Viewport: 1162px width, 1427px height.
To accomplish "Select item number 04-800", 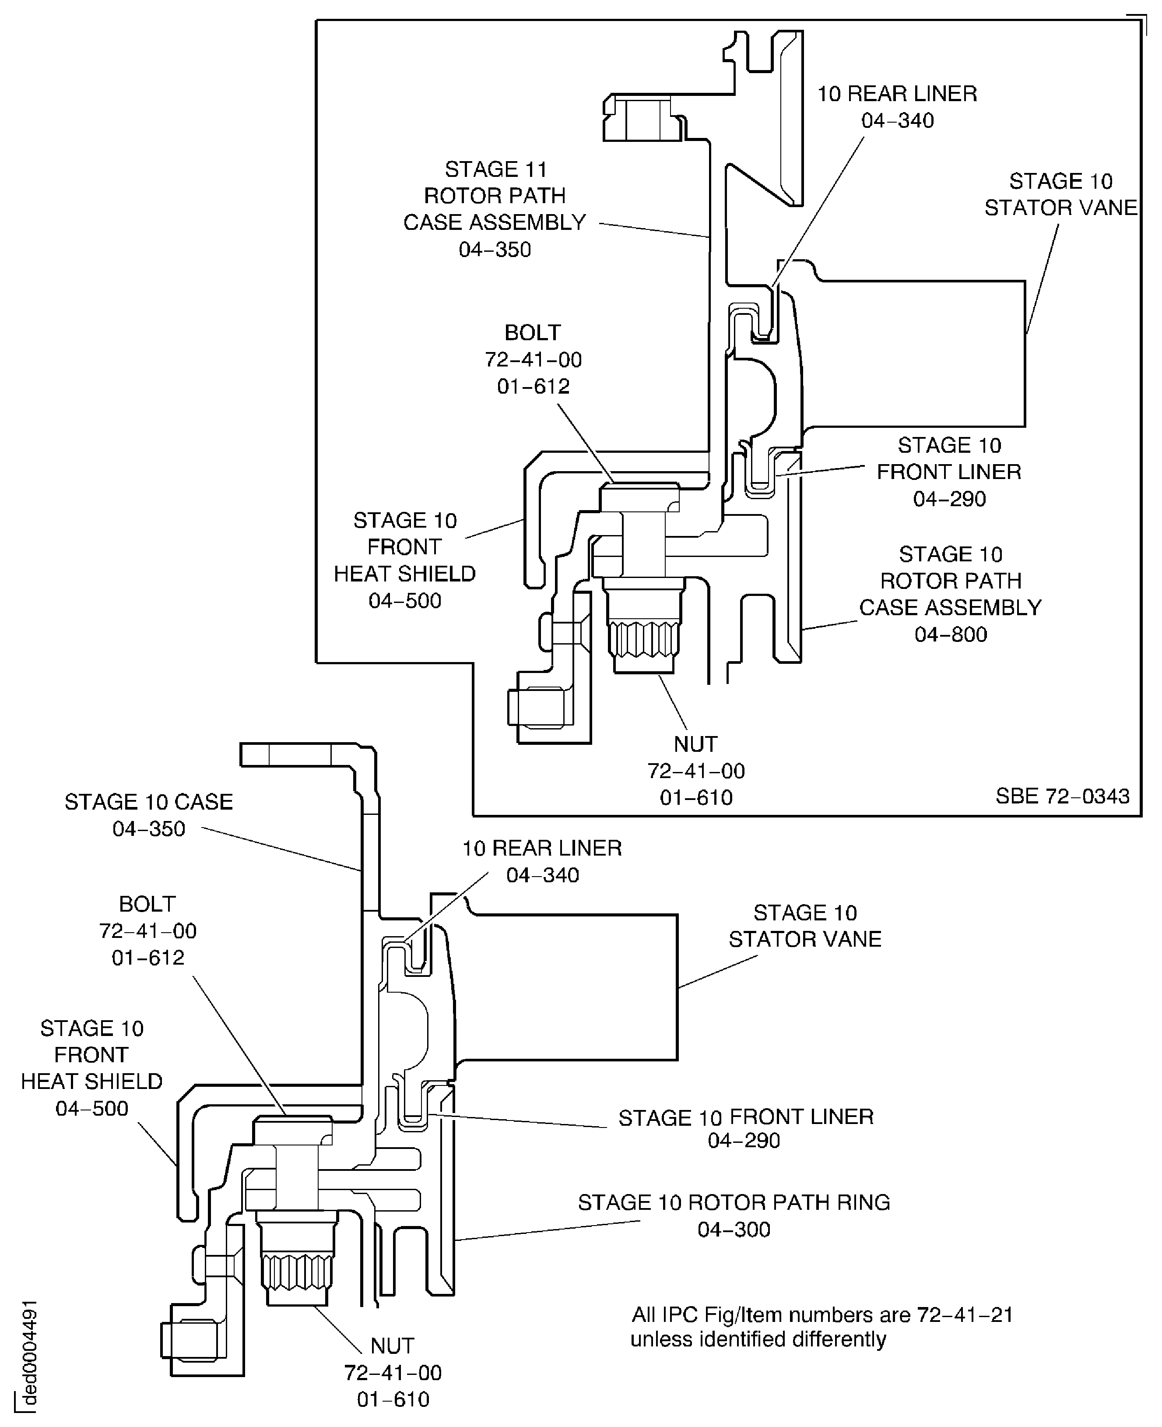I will click(x=951, y=634).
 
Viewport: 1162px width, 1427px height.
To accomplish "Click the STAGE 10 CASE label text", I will click(x=149, y=802).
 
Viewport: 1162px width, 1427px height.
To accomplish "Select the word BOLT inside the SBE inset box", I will click(x=532, y=333).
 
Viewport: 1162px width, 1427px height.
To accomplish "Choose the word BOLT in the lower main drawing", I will click(x=147, y=904).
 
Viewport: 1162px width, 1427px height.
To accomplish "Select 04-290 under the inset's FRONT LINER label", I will click(x=949, y=499).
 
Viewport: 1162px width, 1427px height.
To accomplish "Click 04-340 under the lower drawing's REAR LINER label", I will click(x=542, y=875).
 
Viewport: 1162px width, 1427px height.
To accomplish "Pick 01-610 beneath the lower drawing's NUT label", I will click(x=393, y=1399).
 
